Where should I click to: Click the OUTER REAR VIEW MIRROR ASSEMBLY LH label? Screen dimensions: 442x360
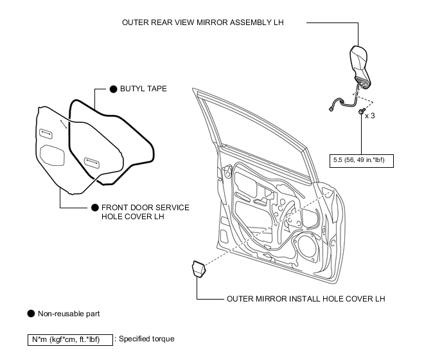[x=202, y=22]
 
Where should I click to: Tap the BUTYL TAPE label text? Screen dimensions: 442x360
[x=143, y=89]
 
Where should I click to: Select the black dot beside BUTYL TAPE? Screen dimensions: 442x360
[x=113, y=89]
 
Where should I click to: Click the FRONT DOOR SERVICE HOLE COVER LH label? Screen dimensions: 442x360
[x=145, y=212]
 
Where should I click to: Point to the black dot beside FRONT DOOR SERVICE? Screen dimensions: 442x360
[x=95, y=208]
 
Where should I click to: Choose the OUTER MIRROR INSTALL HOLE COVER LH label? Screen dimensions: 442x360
[x=306, y=299]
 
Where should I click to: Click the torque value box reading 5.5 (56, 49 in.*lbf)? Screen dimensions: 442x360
[x=362, y=161]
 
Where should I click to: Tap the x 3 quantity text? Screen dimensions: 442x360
[x=370, y=116]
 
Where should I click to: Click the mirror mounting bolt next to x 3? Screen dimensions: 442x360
[x=362, y=111]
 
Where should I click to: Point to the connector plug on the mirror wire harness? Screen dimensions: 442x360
[x=331, y=109]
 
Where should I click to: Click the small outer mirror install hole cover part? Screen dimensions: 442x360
[x=199, y=269]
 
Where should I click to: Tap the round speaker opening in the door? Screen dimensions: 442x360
[x=307, y=246]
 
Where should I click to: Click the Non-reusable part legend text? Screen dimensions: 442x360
[x=69, y=314]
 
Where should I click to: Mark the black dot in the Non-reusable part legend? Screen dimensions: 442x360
[x=31, y=314]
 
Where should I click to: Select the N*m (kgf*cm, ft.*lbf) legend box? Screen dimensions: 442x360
[x=70, y=339]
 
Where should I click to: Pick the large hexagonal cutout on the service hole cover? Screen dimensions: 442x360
[x=52, y=155]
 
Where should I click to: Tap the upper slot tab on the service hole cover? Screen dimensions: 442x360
[x=46, y=134]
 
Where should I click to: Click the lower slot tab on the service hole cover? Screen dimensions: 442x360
[x=92, y=163]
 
